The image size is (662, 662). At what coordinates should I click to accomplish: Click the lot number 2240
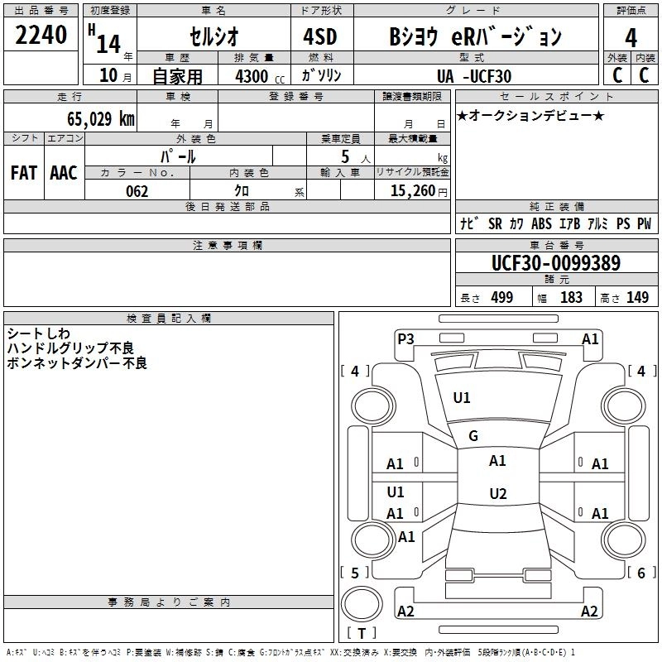point(41,36)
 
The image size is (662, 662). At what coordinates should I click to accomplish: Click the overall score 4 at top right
point(631,37)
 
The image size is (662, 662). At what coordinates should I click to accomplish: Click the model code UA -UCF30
point(474,76)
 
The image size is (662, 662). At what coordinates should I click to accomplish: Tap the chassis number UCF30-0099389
point(555,264)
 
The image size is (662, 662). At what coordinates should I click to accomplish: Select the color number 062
point(137,191)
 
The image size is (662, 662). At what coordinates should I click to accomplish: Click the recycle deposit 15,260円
point(411,191)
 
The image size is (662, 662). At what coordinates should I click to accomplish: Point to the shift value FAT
point(24,173)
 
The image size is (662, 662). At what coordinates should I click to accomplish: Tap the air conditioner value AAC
point(64,173)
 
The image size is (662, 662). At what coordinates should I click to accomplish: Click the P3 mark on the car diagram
point(405,338)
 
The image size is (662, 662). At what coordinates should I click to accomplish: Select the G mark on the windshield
point(473,436)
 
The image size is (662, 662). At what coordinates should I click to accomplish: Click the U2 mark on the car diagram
point(497,494)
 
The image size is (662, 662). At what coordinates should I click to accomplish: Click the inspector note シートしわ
point(39,333)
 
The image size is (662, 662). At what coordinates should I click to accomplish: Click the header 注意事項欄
point(228,246)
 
